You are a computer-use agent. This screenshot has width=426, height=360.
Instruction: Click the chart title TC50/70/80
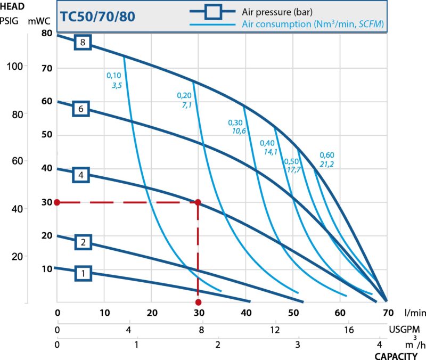pos(97,15)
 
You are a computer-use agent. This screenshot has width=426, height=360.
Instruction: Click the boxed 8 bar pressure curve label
pos(83,42)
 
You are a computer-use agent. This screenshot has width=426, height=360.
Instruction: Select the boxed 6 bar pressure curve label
pos(80,109)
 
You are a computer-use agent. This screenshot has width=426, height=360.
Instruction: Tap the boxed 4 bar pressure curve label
pos(80,174)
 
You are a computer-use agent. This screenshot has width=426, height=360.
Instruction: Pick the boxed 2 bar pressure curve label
pos(83,242)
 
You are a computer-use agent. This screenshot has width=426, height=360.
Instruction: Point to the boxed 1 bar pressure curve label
pos(83,274)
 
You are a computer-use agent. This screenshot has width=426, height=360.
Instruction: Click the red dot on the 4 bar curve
pos(198,202)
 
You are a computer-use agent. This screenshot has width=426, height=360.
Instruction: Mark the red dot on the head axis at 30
pos(56,202)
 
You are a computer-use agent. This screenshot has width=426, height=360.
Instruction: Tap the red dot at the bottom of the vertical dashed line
pos(198,302)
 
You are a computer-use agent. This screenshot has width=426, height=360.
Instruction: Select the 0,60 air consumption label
pos(326,155)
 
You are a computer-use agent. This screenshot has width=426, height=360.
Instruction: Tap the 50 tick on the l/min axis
pos(293,313)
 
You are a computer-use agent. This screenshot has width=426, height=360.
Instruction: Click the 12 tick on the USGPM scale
pos(275,329)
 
